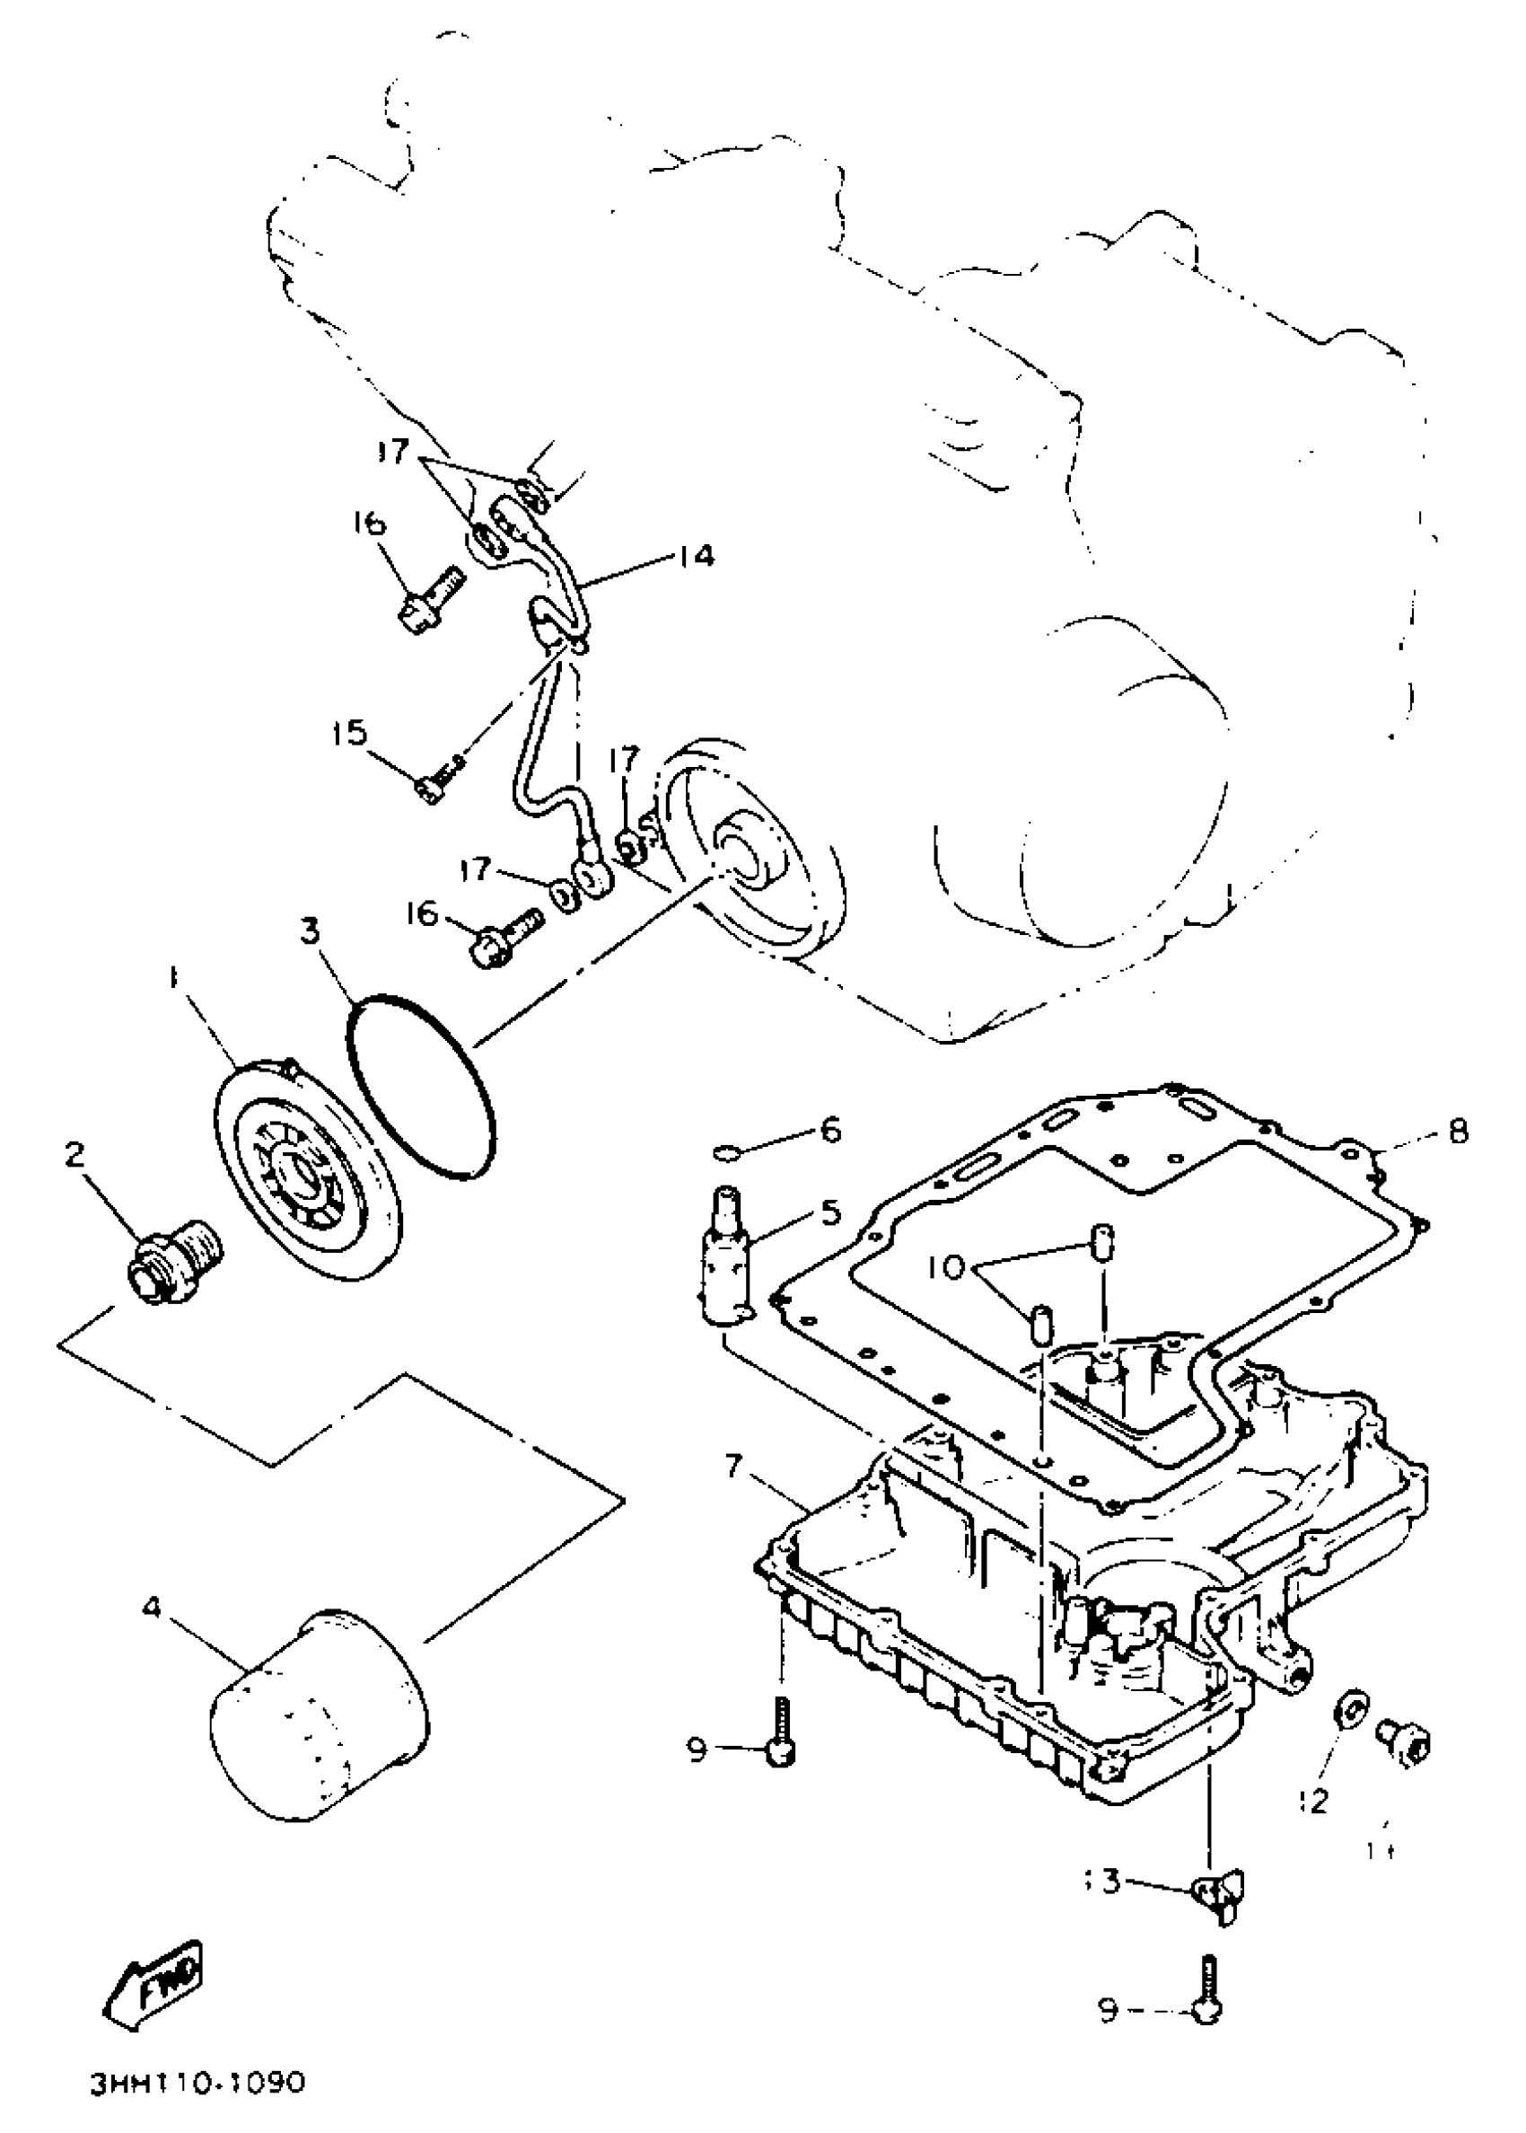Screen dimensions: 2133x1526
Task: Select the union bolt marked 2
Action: pyautogui.click(x=175, y=1260)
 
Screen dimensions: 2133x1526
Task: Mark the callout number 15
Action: pyautogui.click(x=348, y=732)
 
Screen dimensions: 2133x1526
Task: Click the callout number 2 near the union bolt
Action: pyautogui.click(x=75, y=1155)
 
